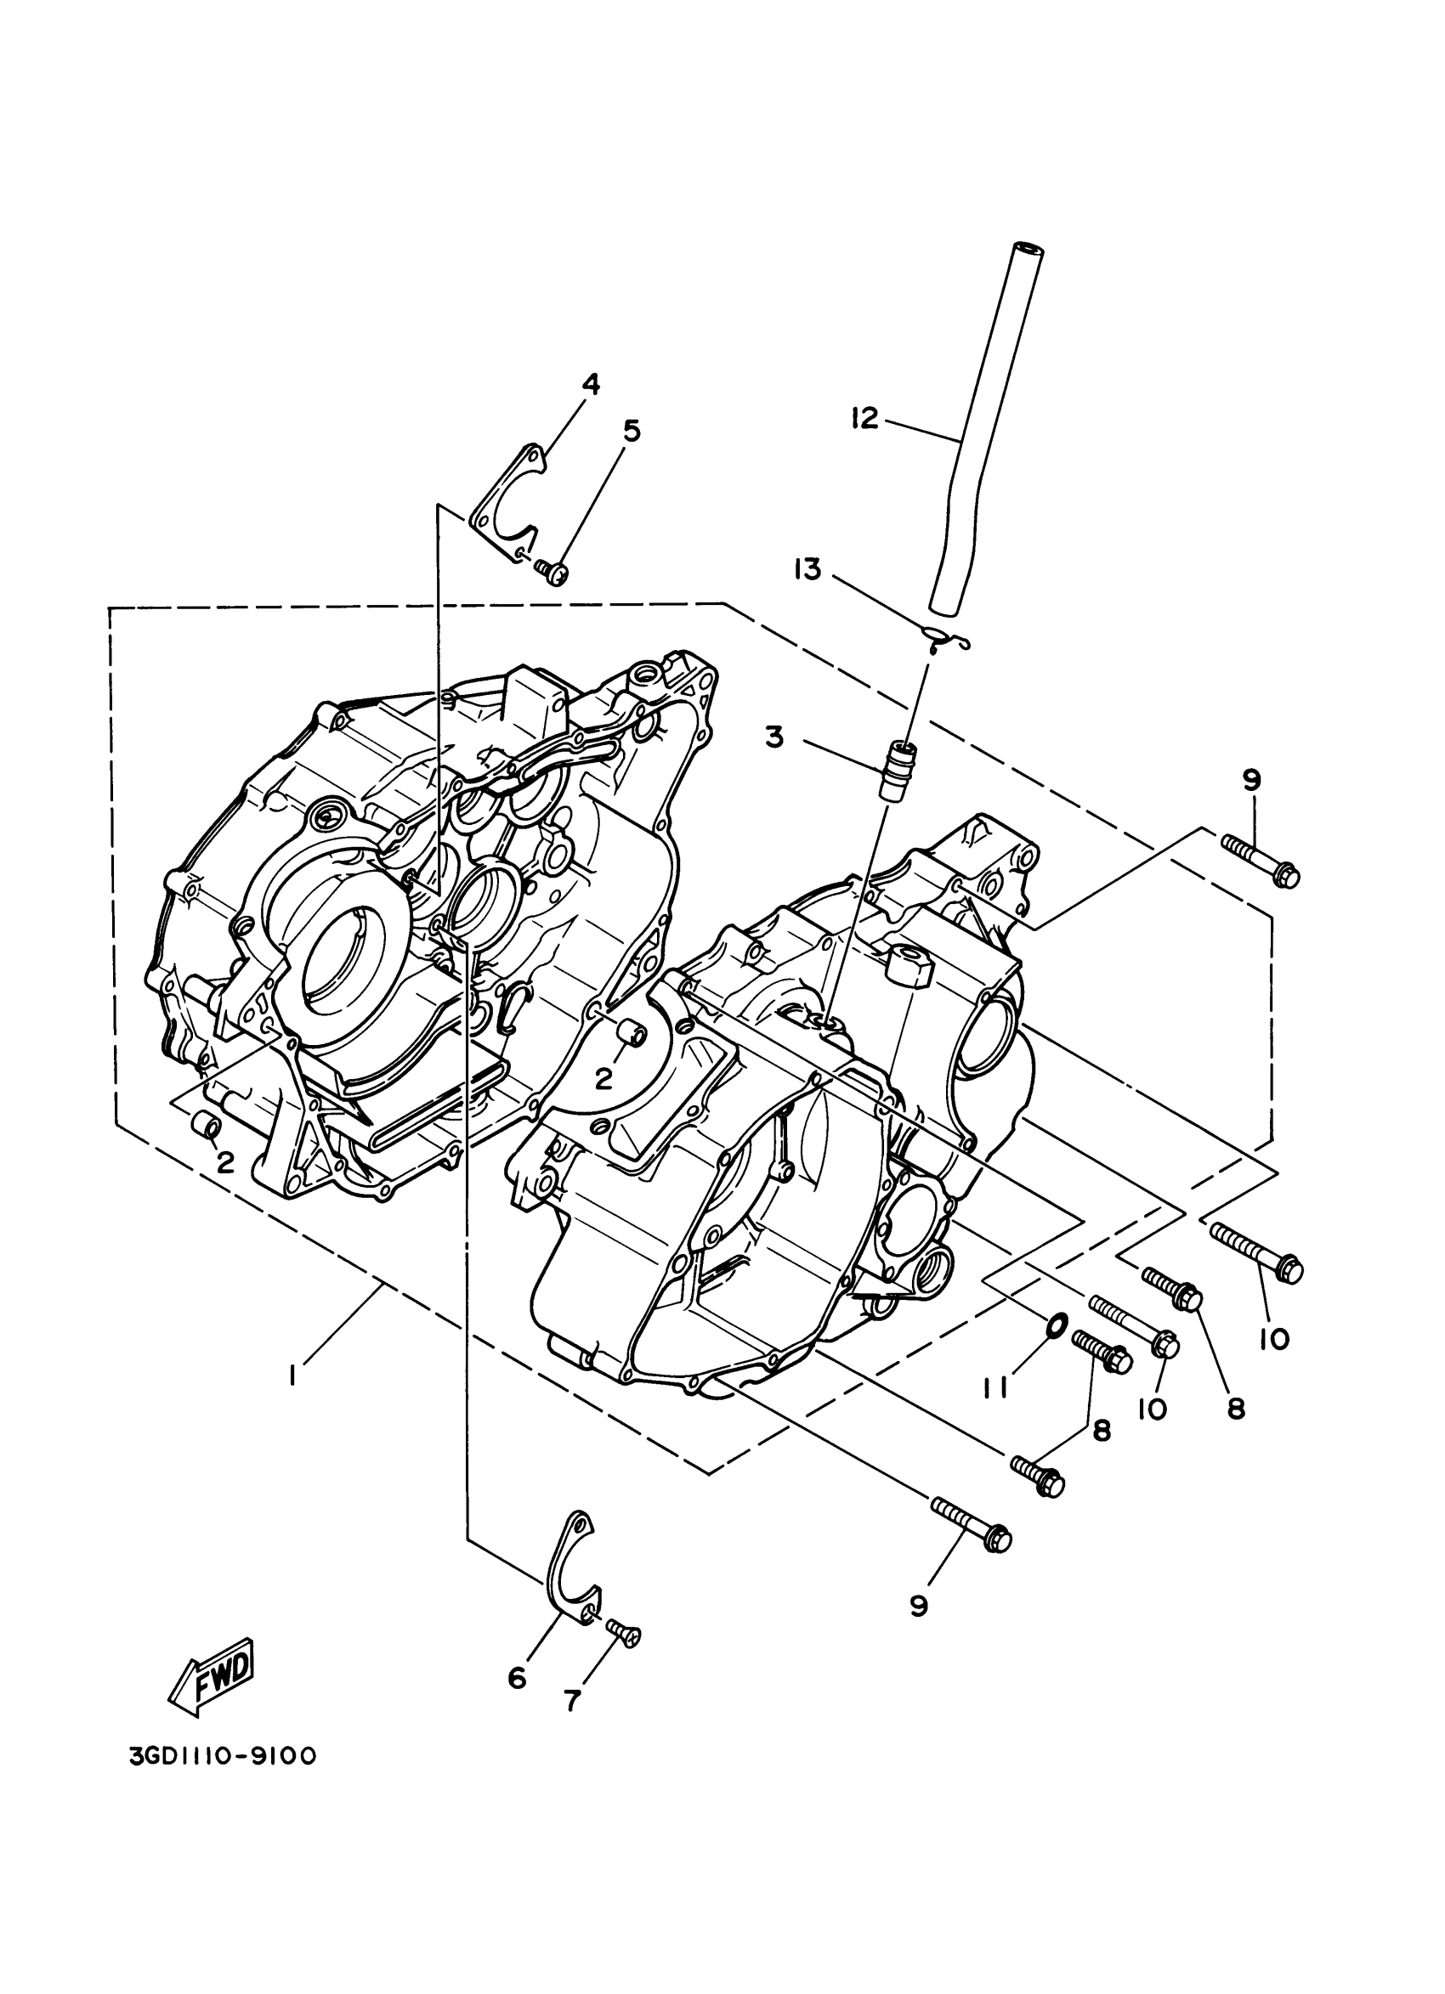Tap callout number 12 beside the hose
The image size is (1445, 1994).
865,419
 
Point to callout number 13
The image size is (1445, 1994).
807,571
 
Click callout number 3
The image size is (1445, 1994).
774,737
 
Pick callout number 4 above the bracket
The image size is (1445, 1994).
590,384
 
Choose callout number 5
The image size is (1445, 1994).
631,431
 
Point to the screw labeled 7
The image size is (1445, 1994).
624,1633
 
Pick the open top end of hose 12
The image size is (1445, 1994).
1028,249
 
